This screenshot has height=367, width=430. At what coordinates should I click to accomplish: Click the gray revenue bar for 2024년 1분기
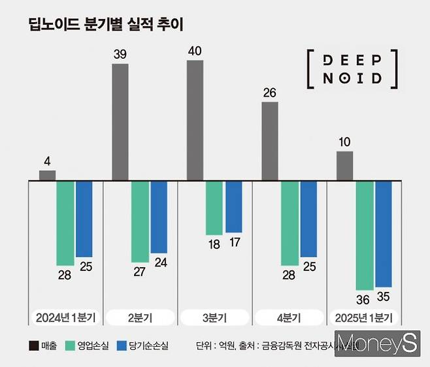click(47, 175)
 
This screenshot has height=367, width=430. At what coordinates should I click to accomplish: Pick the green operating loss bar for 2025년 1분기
click(365, 235)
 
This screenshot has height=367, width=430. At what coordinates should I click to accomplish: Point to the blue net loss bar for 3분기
click(233, 206)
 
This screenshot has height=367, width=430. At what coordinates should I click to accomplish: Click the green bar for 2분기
click(140, 221)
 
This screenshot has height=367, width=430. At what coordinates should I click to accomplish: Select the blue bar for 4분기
click(308, 219)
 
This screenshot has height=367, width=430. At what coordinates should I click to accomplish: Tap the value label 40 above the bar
click(195, 50)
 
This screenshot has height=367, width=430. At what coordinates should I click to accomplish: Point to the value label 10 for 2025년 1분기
click(344, 142)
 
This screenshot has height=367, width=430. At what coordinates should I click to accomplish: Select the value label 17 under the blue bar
click(233, 243)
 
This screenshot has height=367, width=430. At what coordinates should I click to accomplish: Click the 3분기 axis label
click(214, 318)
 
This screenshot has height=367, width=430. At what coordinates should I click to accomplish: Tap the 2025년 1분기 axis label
click(363, 318)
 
